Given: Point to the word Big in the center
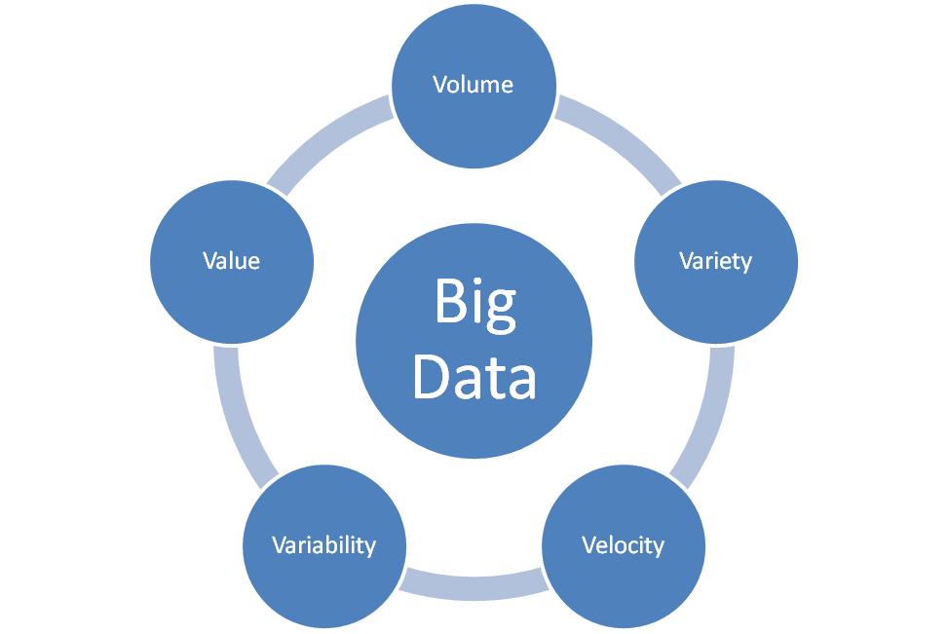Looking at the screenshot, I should point(474,304).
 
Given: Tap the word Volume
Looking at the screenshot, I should point(474,85).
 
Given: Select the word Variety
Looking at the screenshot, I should point(715,261).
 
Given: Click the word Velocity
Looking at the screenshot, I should point(623,544).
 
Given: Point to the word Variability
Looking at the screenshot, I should point(323,544).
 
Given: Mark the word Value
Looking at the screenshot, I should point(232,261).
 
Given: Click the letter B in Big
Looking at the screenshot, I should point(449,302).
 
